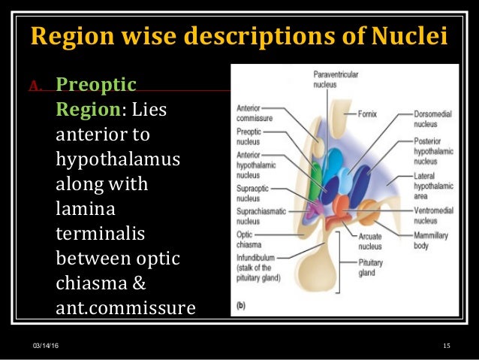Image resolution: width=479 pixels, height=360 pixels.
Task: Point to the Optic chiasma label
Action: point(250,240)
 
